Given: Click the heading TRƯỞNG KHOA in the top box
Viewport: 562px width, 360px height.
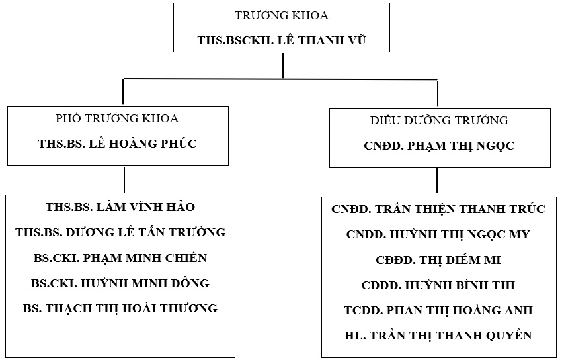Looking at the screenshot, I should (x=282, y=15).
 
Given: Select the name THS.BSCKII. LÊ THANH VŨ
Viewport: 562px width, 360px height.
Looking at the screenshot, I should (x=282, y=40).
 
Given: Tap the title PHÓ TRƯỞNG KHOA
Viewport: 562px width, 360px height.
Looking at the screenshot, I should (x=118, y=119).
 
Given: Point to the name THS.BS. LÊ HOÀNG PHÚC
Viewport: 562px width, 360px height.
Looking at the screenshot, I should (x=118, y=144).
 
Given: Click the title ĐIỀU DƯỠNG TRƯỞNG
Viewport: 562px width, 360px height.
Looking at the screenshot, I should (x=439, y=120).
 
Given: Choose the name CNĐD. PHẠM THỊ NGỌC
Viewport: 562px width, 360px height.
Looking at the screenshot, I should (x=439, y=145).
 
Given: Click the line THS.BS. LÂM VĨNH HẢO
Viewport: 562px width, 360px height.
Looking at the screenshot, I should (x=120, y=208).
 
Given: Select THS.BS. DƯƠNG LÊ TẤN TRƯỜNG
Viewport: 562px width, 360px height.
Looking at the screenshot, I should (x=120, y=232).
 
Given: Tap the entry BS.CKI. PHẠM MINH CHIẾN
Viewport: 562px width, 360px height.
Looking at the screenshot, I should (x=120, y=258).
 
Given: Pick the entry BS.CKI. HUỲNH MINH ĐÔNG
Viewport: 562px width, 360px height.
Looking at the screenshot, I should (x=120, y=283).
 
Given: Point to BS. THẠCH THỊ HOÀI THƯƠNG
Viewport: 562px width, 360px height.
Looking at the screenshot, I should (x=120, y=308).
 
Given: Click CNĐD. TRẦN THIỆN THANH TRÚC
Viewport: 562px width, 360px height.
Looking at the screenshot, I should (x=438, y=210).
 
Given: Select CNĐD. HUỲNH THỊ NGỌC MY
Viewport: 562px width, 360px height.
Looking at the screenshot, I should (x=438, y=235).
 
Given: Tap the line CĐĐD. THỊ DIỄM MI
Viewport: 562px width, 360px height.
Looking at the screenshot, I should (x=438, y=260).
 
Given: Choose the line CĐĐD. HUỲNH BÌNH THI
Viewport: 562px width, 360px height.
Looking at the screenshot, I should (x=438, y=285).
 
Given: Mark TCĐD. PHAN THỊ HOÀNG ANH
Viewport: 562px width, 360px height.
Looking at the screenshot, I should (x=438, y=310).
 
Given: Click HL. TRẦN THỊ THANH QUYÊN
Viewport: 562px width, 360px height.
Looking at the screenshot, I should (x=438, y=336).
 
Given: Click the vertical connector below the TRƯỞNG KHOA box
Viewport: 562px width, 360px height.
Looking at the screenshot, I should (x=283, y=66).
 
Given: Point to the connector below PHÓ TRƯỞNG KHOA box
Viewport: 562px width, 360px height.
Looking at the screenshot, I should (x=124, y=180).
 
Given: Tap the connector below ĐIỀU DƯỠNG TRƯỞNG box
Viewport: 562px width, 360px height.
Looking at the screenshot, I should (x=436, y=181).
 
